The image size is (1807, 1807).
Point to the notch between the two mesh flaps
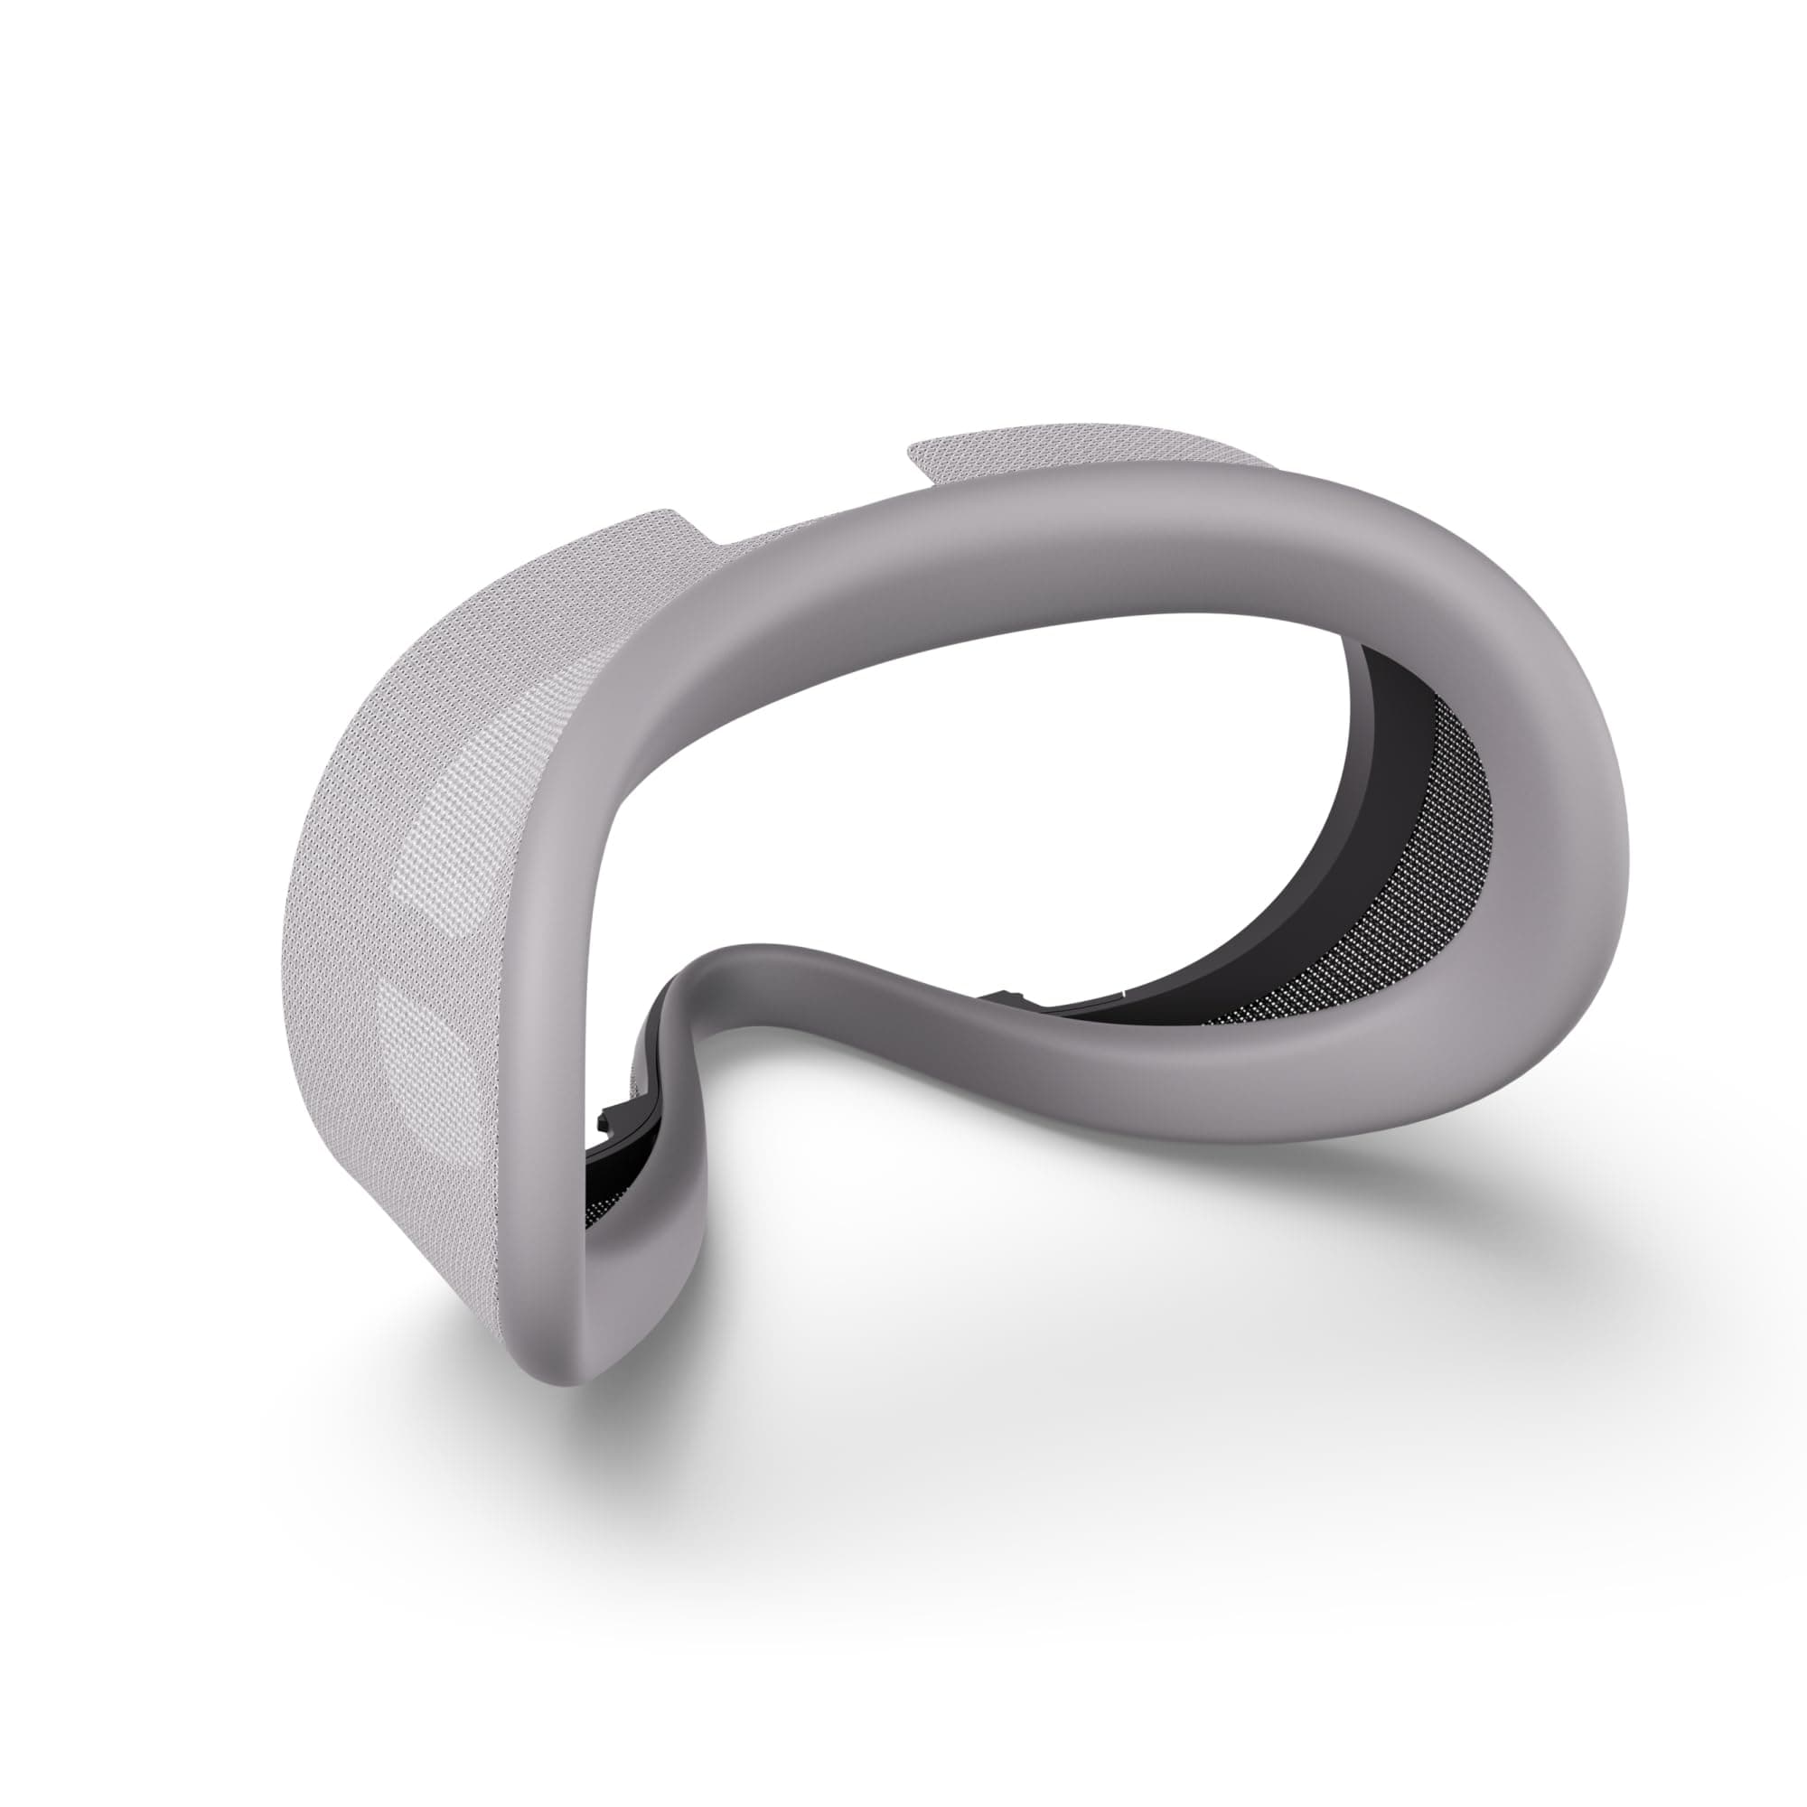[804, 524]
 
